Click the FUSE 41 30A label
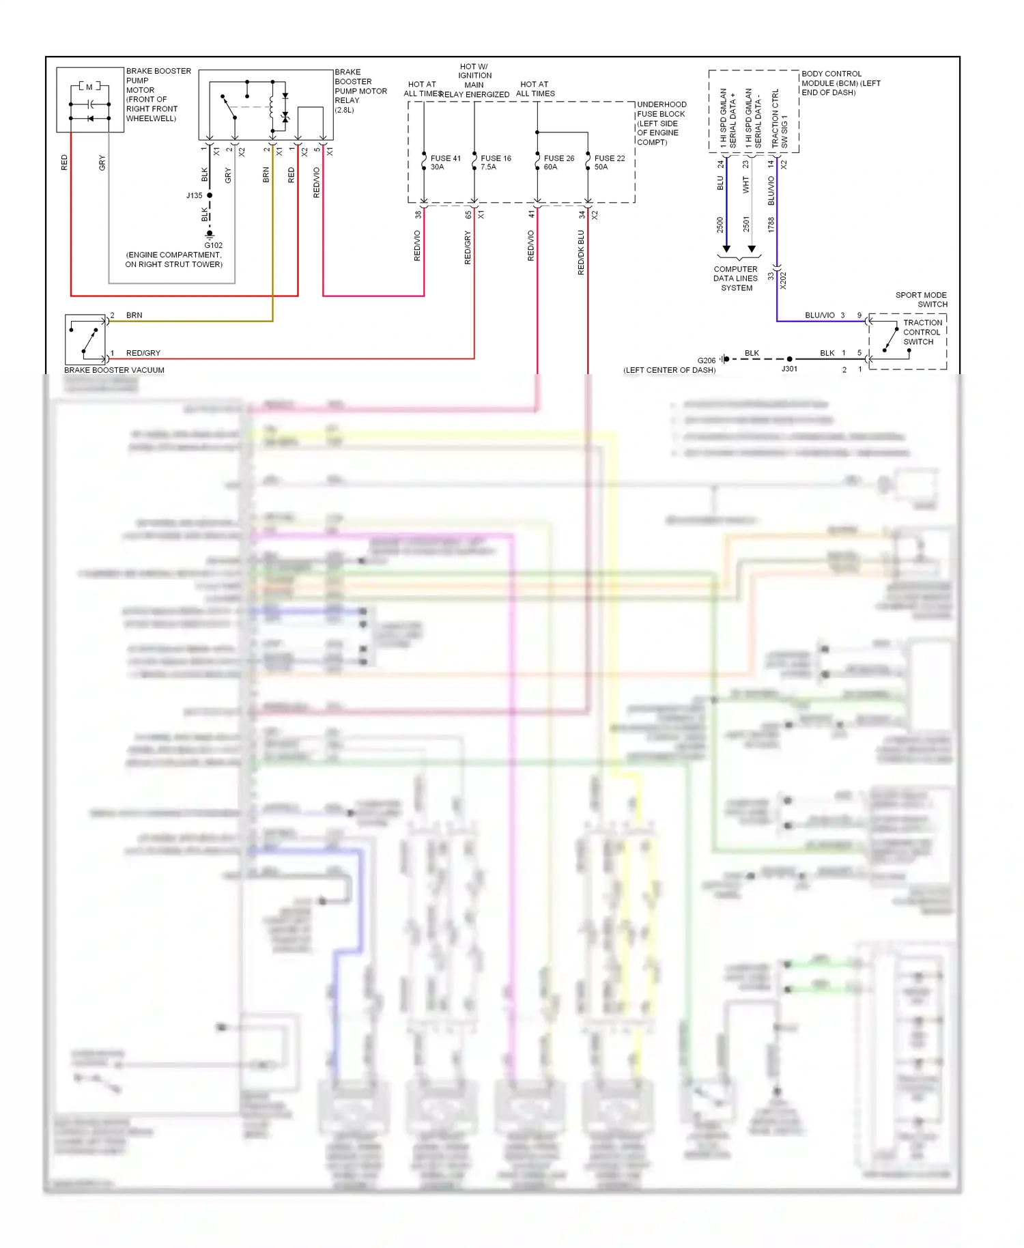(445, 162)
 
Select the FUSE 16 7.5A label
(496, 162)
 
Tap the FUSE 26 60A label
(558, 162)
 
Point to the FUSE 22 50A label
(609, 162)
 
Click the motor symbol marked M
(89, 87)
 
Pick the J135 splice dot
(210, 195)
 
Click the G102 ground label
(214, 245)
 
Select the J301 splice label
(789, 369)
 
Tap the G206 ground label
(706, 360)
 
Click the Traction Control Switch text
(922, 332)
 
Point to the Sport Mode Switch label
(921, 300)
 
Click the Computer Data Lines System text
(736, 279)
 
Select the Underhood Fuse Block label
(661, 124)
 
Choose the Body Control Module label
(840, 83)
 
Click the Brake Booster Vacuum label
(114, 370)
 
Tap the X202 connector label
(783, 280)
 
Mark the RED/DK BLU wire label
(581, 252)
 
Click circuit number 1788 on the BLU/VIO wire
(771, 225)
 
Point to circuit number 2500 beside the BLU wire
(720, 225)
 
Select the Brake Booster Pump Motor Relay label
(360, 91)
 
